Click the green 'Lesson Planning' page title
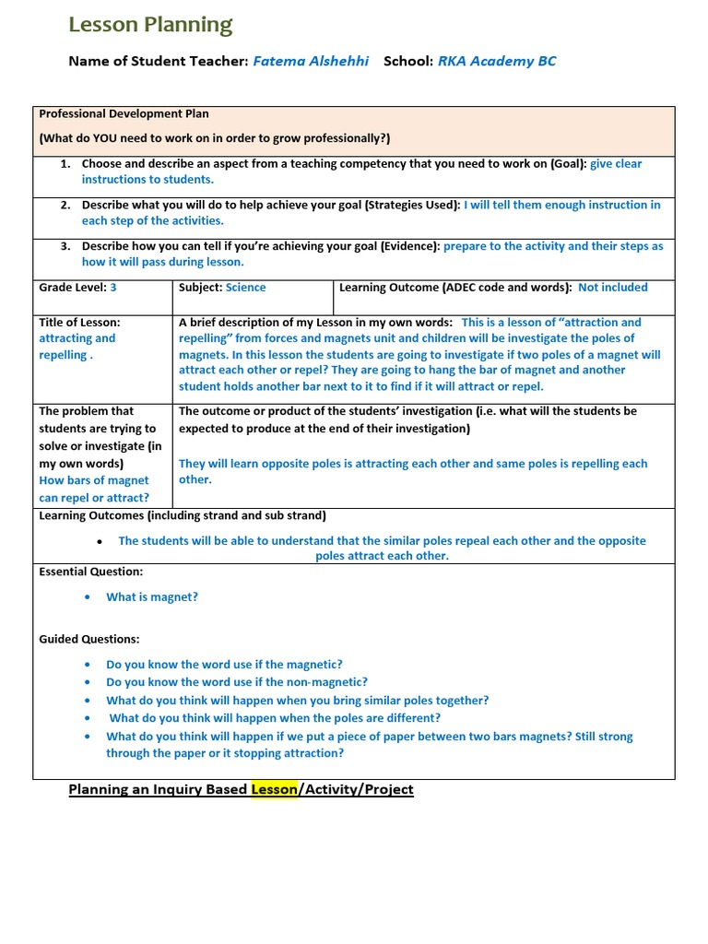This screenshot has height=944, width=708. click(150, 25)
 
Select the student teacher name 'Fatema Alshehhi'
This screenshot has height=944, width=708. click(311, 61)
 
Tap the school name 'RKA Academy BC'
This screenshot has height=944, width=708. click(497, 61)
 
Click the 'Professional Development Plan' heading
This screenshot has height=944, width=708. click(124, 114)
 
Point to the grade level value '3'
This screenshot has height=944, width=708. click(113, 288)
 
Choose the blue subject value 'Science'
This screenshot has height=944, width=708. click(245, 288)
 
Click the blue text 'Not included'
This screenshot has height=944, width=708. click(613, 288)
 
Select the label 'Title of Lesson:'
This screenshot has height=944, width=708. click(79, 323)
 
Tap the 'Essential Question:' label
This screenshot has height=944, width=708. click(90, 572)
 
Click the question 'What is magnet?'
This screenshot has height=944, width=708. click(152, 597)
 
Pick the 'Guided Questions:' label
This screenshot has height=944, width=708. click(89, 639)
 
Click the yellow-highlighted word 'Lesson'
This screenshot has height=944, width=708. click(274, 789)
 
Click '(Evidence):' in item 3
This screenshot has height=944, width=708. click(409, 247)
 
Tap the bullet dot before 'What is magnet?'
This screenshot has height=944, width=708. click(87, 597)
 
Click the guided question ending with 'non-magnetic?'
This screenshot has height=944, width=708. click(237, 682)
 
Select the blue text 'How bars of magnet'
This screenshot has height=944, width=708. click(94, 481)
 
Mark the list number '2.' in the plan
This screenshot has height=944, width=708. click(65, 206)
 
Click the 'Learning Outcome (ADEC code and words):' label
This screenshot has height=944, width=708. click(456, 288)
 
